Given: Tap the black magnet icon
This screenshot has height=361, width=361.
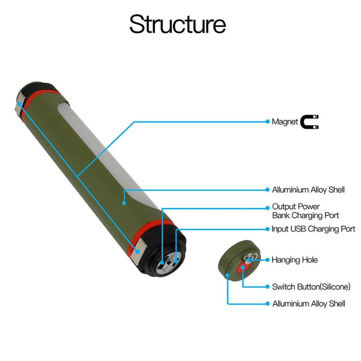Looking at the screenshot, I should [x=310, y=122].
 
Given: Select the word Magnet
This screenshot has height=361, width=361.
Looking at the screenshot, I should [x=285, y=122].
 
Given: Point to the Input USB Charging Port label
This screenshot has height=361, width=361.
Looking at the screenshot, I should [x=313, y=229].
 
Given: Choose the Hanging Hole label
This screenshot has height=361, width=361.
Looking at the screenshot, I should [x=294, y=260].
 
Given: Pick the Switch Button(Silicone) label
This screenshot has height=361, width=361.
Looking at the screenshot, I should [x=311, y=287].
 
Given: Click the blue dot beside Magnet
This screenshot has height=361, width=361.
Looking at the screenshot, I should [x=267, y=122].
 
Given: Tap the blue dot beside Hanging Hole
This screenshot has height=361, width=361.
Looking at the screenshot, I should [x=267, y=260].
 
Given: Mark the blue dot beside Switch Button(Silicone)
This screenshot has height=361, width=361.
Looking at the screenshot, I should [x=267, y=287].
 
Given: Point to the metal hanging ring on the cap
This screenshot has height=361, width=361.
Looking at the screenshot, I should [x=249, y=258].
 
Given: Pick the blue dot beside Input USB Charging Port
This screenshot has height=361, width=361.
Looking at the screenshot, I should [x=267, y=229].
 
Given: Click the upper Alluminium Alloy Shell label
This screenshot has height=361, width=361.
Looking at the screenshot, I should [x=308, y=190].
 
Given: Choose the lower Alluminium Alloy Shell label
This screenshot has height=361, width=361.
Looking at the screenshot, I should [x=308, y=303].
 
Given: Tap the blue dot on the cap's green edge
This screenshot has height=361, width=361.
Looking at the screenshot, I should [x=228, y=276].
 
